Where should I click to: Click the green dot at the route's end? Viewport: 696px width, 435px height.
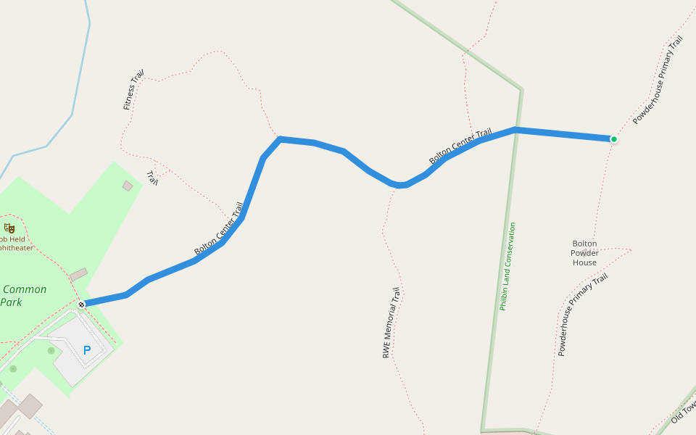point(613,139)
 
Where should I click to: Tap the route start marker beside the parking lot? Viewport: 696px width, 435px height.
point(81,304)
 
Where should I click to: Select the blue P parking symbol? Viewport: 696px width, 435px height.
point(87,351)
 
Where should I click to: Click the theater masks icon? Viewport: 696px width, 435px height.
point(9,228)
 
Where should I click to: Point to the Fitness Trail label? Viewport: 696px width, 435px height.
point(133,90)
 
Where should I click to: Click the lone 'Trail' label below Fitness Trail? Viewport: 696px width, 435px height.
point(152,178)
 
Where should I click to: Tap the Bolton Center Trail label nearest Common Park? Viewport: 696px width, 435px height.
point(219,228)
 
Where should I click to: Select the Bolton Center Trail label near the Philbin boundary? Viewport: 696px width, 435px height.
point(460,146)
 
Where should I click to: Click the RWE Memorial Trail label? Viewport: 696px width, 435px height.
point(391,323)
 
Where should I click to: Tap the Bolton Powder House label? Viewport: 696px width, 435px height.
point(584,253)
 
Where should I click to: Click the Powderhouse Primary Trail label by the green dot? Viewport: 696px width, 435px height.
point(658,80)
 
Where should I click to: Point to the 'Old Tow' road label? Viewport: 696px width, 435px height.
point(683,411)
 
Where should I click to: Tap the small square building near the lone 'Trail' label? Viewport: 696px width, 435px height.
point(128,186)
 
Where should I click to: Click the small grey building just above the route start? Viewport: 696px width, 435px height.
point(78,275)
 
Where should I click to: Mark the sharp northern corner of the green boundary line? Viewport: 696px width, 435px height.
point(521,90)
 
